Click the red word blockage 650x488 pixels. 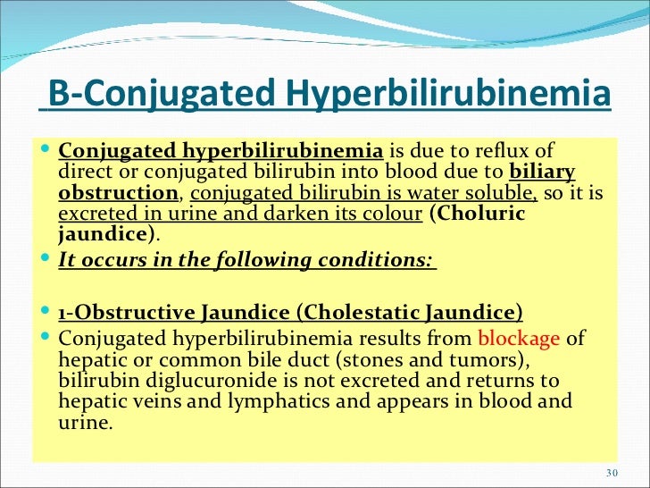pos(519,338)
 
